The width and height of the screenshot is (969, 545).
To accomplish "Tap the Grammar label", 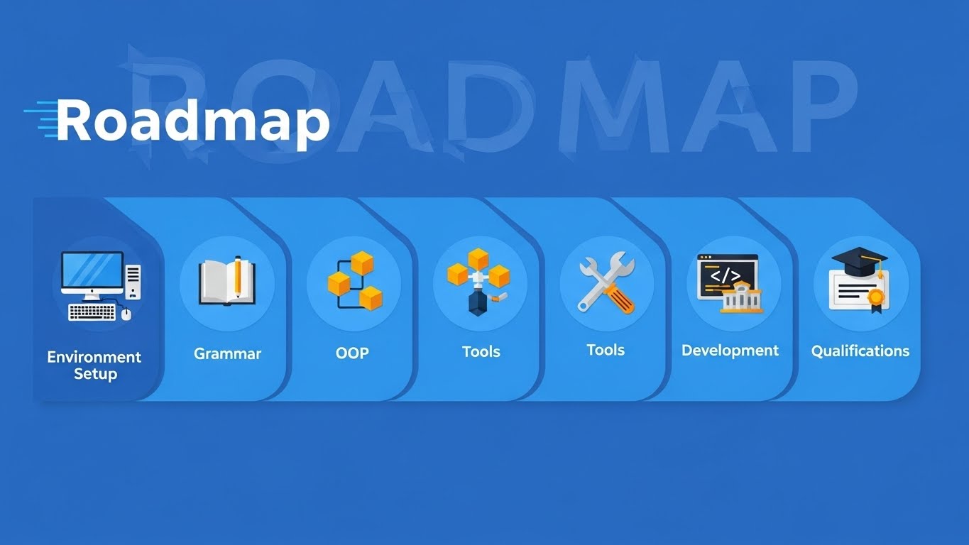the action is pos(228,354).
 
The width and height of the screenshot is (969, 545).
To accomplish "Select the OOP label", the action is pos(352,353).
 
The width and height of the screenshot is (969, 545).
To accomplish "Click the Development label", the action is pos(730,351).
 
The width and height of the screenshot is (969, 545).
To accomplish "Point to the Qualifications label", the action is pos(860,351).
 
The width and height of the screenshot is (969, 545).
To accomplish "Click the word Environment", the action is pos(94,357).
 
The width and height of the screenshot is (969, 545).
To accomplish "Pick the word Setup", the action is pos(95,374).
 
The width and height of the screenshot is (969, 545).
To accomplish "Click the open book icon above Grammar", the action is pos(227,281).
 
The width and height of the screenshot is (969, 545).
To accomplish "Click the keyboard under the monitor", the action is pos(92,312).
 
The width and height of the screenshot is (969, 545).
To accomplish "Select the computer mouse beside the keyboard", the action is pos(126,314).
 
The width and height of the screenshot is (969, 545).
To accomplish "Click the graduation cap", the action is pos(859,261).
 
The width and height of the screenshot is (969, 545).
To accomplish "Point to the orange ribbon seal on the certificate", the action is pos(876,299).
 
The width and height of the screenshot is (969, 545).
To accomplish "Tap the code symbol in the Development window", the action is pos(726,275).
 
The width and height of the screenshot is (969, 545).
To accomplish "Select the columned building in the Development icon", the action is pos(741,298).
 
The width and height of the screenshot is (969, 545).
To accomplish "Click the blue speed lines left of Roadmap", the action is pos(40,119).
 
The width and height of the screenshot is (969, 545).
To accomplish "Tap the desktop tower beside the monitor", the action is pos(133,282).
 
